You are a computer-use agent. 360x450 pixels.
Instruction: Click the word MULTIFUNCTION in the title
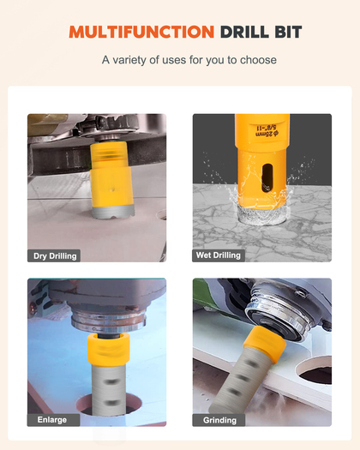coord(141,32)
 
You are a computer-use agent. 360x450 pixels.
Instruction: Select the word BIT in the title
coord(288,32)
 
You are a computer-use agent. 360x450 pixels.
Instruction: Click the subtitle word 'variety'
coord(130,60)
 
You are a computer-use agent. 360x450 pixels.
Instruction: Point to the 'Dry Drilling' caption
coord(55,256)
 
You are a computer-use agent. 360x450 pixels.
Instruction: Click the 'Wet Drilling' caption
coord(219,255)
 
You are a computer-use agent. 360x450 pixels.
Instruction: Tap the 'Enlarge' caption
coord(52,420)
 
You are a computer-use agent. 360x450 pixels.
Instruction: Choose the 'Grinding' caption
coord(219,421)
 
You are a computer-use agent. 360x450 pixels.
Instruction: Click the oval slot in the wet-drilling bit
coord(267,178)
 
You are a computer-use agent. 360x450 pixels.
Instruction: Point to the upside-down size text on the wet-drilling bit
coord(267,130)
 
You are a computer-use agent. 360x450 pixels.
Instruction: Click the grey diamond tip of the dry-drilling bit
coord(113,212)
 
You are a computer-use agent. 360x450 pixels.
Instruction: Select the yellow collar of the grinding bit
coord(264,344)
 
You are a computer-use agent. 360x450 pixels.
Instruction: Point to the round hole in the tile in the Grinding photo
coord(315,373)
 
